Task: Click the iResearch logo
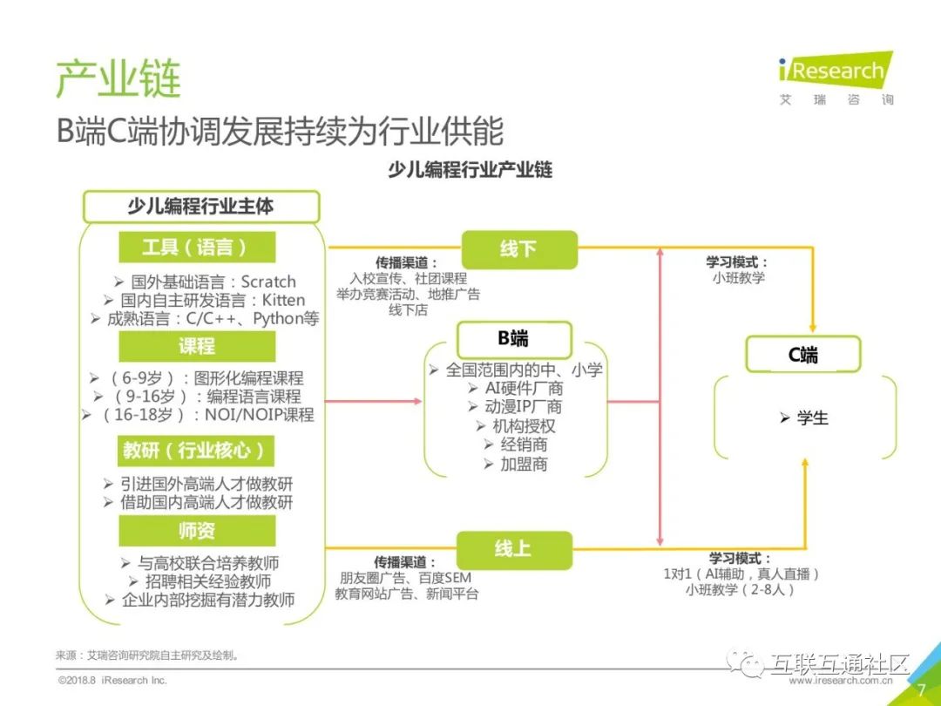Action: click(835, 71)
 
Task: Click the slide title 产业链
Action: click(118, 79)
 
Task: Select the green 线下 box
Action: click(518, 249)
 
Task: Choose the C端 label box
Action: click(802, 354)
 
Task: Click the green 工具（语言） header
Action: click(196, 248)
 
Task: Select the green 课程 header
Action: click(196, 346)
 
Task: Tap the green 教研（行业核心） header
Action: click(196, 450)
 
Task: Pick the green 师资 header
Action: click(196, 530)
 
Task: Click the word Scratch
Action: click(268, 282)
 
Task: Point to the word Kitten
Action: click(283, 301)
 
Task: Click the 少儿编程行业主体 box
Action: click(200, 207)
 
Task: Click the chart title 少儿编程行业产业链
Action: click(470, 170)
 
